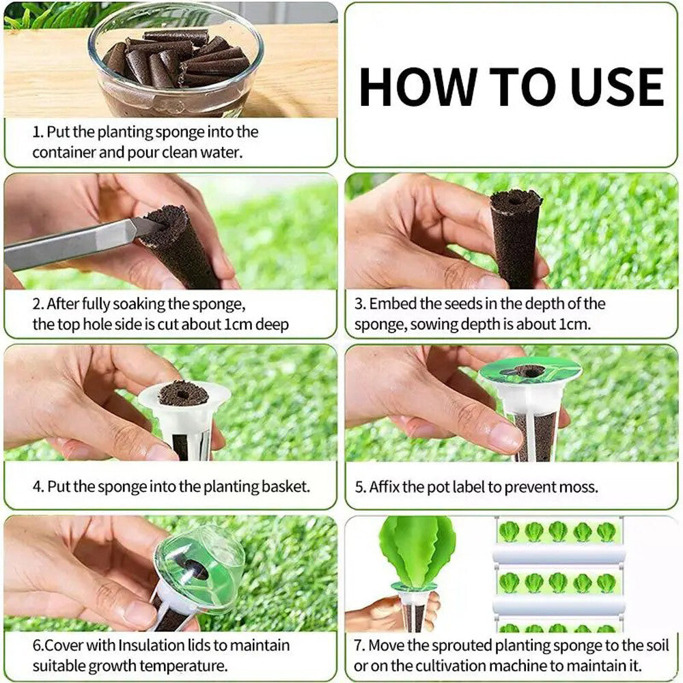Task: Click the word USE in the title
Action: [x=612, y=87]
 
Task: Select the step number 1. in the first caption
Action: [x=38, y=133]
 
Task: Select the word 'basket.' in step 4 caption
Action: [x=286, y=487]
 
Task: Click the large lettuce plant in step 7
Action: [x=417, y=550]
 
